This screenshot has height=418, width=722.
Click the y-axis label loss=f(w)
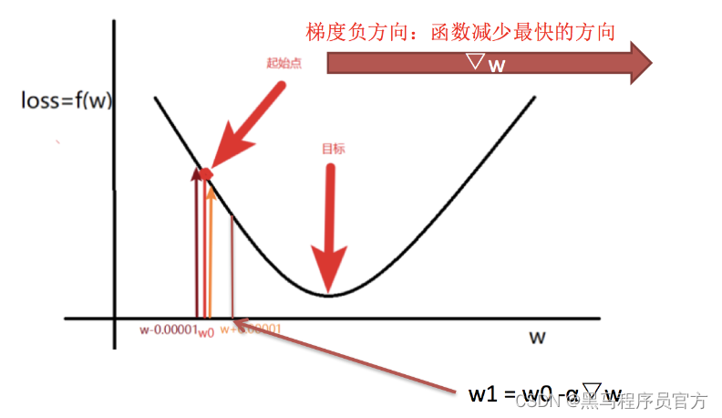67,100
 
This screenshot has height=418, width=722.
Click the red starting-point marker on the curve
207,172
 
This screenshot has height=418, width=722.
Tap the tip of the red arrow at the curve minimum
329,287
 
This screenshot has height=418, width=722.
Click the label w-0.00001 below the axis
168,329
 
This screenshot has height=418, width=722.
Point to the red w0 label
206,331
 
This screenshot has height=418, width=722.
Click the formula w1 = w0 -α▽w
543,394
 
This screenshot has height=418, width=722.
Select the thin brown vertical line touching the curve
232,265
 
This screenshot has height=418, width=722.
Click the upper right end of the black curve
532,97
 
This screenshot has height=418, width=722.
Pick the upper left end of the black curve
158,98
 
